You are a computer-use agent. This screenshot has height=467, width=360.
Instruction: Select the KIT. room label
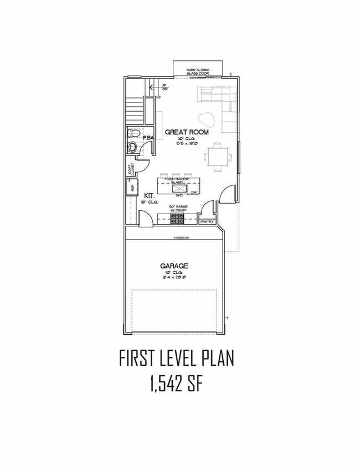(149, 196)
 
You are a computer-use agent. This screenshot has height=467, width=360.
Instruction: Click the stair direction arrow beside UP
(150, 86)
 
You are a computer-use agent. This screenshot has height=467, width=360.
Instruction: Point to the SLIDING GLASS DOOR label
(198, 67)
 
